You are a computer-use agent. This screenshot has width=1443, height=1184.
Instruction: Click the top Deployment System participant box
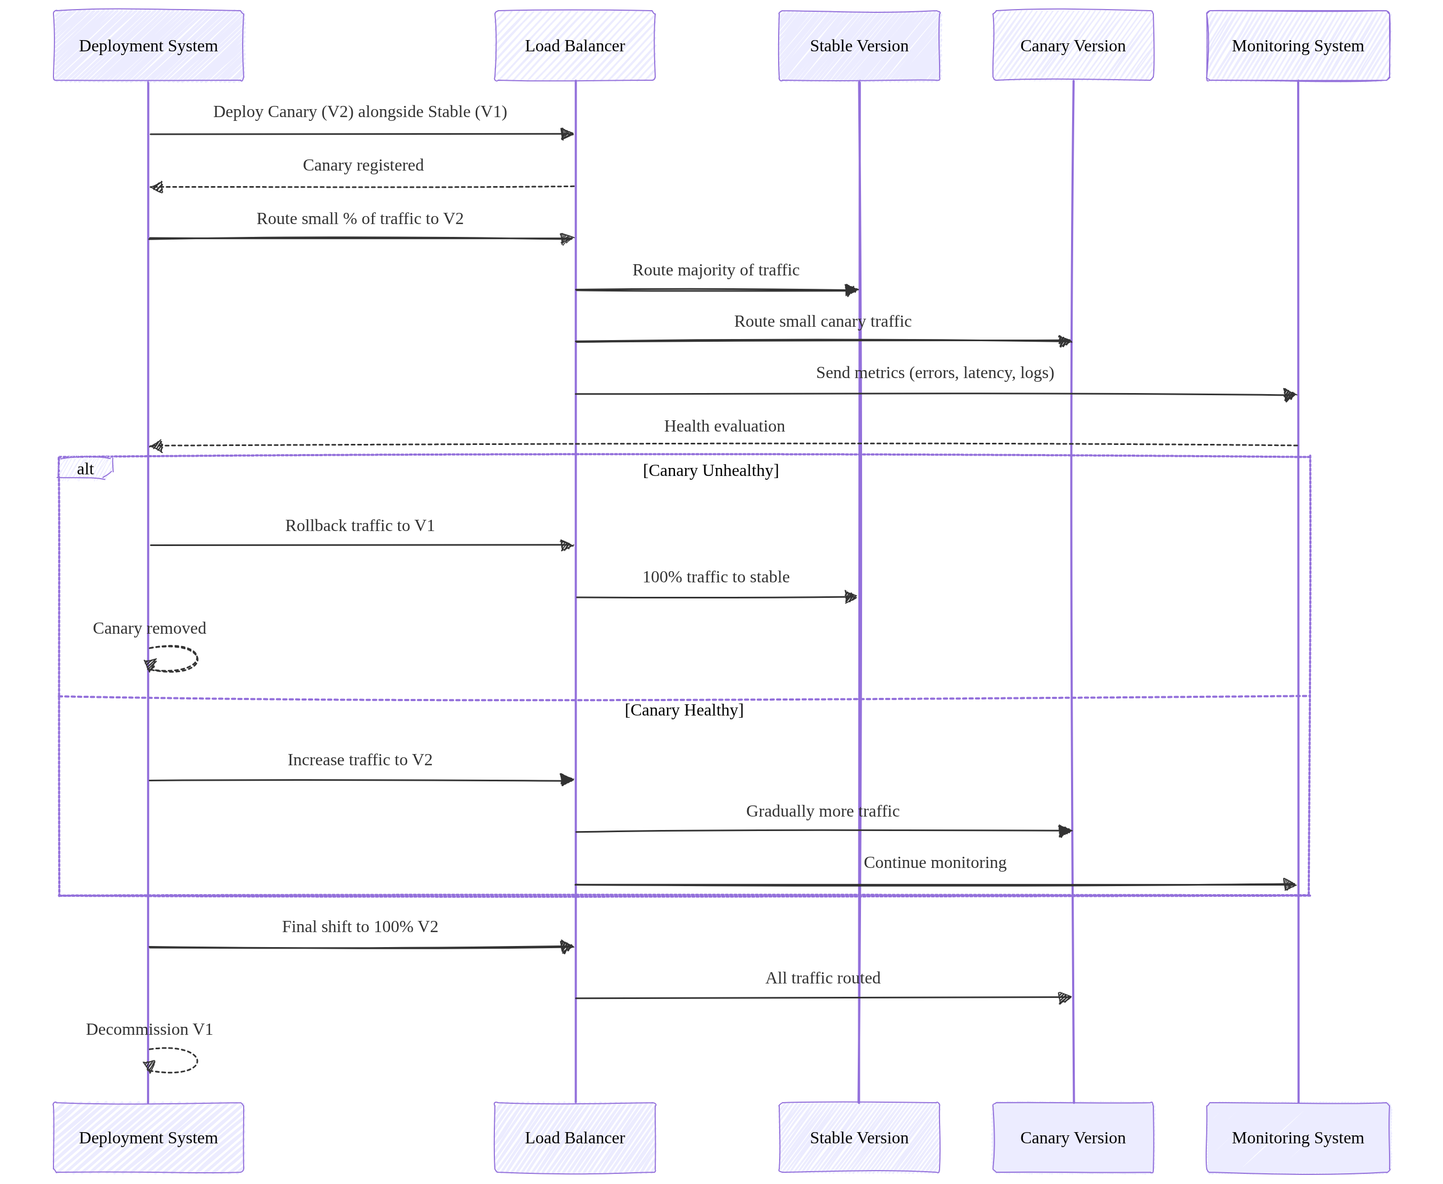click(148, 45)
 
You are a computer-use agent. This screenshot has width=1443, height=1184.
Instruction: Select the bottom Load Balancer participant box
click(575, 1137)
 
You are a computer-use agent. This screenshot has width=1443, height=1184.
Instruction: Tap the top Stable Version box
click(859, 45)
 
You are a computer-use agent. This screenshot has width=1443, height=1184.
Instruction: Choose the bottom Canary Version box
click(1072, 1137)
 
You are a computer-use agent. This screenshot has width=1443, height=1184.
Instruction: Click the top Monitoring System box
click(1297, 45)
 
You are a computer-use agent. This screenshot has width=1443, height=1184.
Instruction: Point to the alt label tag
click(85, 468)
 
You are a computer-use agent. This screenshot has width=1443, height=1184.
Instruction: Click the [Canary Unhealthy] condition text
click(710, 470)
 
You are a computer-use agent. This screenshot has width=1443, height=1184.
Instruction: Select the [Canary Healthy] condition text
click(684, 710)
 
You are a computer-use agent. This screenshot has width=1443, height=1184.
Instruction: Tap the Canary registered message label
click(363, 165)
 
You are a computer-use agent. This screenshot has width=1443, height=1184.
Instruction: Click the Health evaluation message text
click(724, 426)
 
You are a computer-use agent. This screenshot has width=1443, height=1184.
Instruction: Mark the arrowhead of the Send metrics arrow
click(1289, 395)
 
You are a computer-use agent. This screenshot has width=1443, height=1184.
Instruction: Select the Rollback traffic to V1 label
click(359, 525)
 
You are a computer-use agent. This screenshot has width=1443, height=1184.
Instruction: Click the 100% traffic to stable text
click(716, 576)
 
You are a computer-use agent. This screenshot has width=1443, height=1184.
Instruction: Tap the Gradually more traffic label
click(822, 811)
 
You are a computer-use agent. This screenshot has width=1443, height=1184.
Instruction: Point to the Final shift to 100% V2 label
click(359, 926)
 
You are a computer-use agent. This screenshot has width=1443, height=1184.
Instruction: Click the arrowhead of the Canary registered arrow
click(157, 187)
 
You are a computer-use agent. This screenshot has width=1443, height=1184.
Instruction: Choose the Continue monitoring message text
click(935, 862)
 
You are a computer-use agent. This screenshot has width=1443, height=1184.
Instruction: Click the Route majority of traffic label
click(716, 270)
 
